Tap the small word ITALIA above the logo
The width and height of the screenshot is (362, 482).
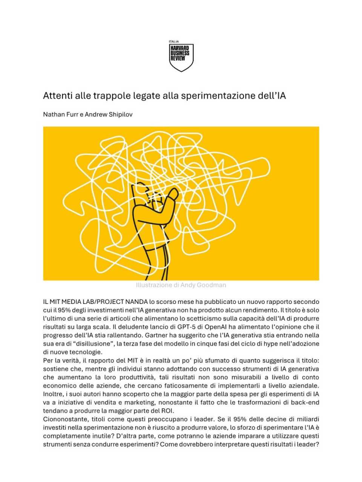(174, 41)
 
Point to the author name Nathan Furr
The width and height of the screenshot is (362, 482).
(60, 114)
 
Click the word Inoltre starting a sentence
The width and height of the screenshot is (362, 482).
(53, 394)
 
